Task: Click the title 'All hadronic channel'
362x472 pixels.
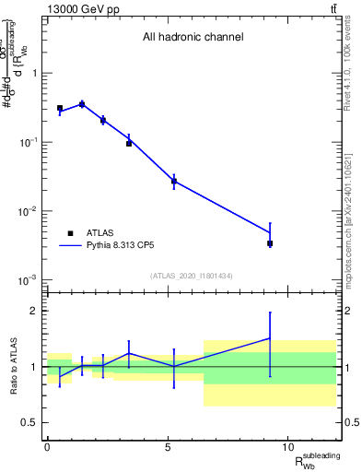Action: coord(193,38)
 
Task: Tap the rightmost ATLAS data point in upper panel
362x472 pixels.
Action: coord(270,243)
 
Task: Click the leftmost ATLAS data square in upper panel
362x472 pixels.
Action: coord(60,108)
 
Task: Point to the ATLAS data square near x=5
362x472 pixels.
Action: coord(173,181)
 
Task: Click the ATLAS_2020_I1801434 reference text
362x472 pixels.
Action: coord(193,277)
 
